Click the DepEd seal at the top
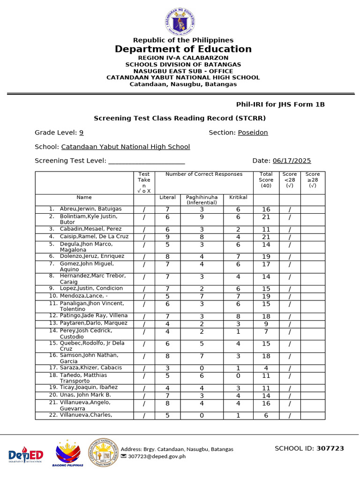point(180,22)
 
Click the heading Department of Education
point(183,49)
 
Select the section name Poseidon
point(253,133)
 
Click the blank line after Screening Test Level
point(147,161)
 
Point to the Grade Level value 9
point(81,133)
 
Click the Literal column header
point(167,198)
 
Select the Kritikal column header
point(238,198)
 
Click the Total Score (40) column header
point(266,180)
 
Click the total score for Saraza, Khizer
point(266,368)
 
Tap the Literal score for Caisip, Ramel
point(167,237)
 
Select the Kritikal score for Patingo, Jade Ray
point(238,316)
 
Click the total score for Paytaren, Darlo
point(266,323)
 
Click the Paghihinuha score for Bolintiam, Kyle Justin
point(202,217)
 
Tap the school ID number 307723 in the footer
point(330,449)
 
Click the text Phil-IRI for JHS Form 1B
point(280,105)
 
